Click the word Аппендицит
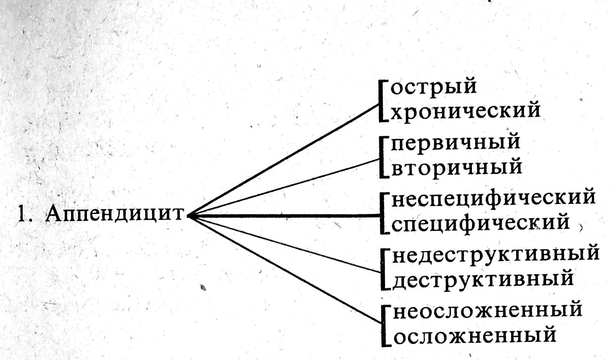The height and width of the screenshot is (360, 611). coord(114,214)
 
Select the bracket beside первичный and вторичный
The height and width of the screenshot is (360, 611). coord(382,157)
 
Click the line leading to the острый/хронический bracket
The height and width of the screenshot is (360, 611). coord(283,161)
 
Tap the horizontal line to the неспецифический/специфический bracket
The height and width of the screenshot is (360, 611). coord(283,215)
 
